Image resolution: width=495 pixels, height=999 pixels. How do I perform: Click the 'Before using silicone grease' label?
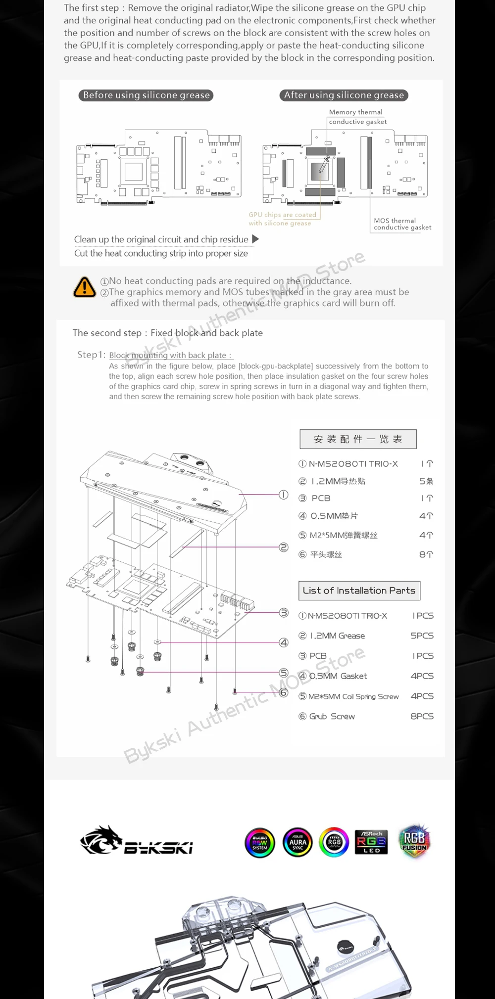[x=146, y=95]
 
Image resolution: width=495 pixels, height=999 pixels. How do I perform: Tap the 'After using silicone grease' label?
[x=344, y=95]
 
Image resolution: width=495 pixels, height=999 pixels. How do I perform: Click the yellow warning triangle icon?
[x=85, y=287]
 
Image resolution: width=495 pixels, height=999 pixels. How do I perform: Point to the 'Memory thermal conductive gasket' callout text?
[x=357, y=117]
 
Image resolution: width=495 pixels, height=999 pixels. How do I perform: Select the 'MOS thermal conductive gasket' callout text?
[x=402, y=224]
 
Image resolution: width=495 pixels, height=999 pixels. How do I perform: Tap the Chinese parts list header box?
[x=358, y=439]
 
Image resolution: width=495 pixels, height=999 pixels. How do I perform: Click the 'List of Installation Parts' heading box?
[x=359, y=590]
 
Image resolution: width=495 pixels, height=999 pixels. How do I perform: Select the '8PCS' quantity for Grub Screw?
[x=422, y=716]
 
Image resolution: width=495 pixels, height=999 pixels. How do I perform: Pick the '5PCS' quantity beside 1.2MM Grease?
[x=422, y=636]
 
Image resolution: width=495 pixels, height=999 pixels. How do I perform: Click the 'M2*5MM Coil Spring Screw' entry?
[x=353, y=696]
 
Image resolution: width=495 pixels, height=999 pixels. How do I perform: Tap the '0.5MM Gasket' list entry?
[x=338, y=676]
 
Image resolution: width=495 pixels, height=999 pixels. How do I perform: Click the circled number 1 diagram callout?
[x=283, y=495]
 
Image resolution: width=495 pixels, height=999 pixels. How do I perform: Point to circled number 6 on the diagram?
[x=283, y=692]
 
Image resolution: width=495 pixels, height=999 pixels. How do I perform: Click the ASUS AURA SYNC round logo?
[x=297, y=842]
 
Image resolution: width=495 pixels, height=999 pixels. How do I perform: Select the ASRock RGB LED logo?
[x=371, y=842]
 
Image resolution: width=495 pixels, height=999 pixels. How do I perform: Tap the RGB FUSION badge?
[x=414, y=841]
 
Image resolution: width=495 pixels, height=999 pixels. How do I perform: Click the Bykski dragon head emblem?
[x=101, y=840]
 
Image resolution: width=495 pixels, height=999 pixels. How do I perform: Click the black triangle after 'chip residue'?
[x=255, y=239]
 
